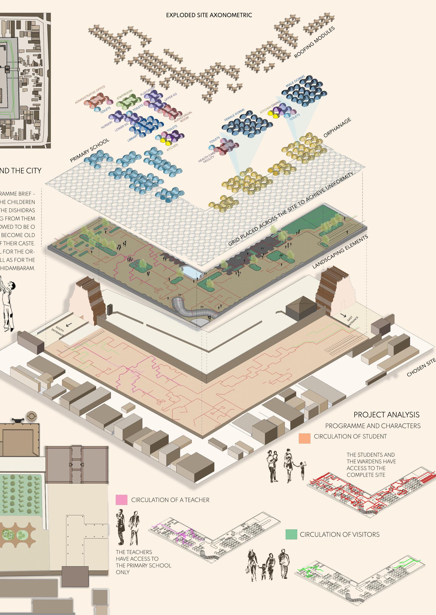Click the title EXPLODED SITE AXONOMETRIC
coord(209,15)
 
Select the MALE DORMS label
coord(295,81)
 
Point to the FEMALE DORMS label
coord(234,115)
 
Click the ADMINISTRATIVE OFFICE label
coord(90,95)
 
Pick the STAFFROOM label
coord(124,95)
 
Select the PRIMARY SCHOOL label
coord(89,150)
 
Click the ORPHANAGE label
coord(337,128)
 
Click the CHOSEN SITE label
coord(421,368)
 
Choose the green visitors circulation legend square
coord(291,534)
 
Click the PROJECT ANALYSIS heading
coord(386,415)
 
